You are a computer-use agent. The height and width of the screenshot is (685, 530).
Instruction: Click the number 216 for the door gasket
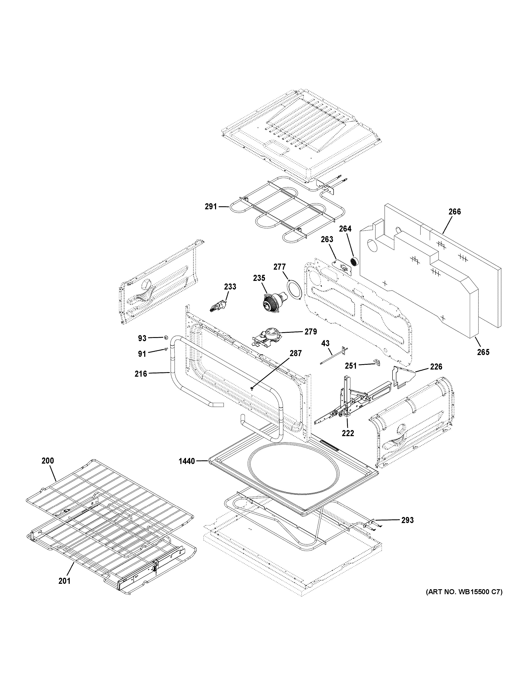[x=141, y=374]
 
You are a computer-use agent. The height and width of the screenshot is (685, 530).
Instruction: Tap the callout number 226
[x=436, y=366]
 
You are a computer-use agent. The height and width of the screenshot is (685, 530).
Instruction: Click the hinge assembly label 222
[x=348, y=433]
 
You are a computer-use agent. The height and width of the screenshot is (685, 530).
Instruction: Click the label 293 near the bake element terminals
[x=407, y=520]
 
